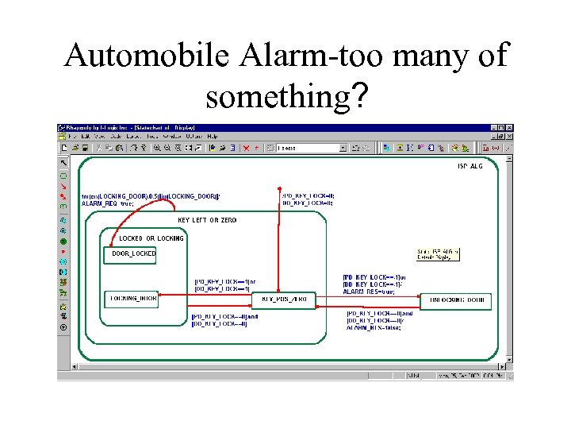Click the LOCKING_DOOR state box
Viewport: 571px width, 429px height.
pos(132,299)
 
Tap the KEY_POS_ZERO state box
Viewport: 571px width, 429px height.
pos(283,300)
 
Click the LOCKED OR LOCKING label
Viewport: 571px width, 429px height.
pos(151,238)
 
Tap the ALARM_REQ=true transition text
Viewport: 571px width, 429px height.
pos(108,204)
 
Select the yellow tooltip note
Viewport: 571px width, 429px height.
pos(438,254)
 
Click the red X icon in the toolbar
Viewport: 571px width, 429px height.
pos(246,147)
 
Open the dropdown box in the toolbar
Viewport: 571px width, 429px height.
pos(343,147)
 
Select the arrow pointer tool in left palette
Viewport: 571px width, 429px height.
pos(63,163)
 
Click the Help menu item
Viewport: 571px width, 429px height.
pos(212,137)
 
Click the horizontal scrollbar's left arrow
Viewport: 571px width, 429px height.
pos(76,366)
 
